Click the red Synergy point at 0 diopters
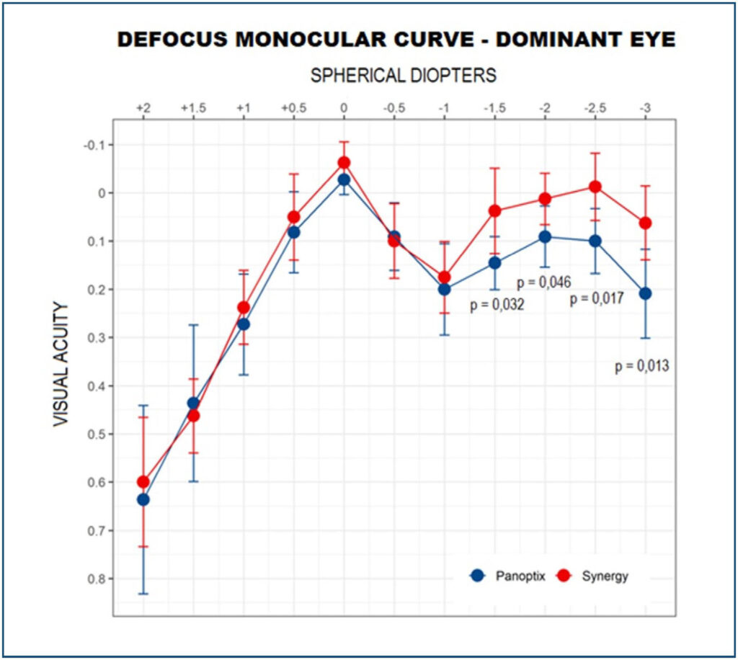[344, 163]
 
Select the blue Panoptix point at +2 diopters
[143, 499]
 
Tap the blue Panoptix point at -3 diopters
[645, 293]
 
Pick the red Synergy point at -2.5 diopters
[595, 187]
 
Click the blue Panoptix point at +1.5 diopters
[193, 403]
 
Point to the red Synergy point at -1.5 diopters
[494, 210]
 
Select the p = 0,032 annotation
[497, 305]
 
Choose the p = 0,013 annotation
[642, 366]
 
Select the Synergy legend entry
[594, 576]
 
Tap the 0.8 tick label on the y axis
[96, 579]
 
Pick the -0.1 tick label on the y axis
[94, 145]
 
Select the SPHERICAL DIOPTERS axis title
[403, 75]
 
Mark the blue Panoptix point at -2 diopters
[545, 236]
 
